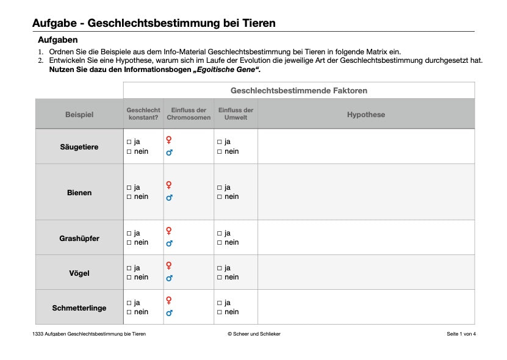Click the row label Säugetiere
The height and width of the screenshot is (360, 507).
coord(79,147)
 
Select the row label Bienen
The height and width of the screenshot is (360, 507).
coord(79,193)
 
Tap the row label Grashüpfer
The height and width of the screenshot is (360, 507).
coord(79,239)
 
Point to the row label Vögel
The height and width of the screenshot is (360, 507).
coord(79,273)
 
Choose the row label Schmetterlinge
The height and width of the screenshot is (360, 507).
coord(79,308)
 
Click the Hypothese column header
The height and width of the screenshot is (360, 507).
coord(366,115)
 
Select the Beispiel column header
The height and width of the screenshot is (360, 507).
coord(79,115)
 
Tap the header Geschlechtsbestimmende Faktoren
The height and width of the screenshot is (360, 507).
coord(299,91)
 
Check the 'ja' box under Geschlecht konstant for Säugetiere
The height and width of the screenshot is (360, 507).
coord(129,142)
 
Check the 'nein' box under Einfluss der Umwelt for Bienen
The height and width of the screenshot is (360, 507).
coord(220,197)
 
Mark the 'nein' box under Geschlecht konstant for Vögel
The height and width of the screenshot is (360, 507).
coord(129,278)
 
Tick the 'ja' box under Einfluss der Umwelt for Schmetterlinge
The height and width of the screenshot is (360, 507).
coord(220,303)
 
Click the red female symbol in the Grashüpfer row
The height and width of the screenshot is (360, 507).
coord(169,231)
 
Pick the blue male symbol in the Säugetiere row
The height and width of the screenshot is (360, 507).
coord(169,153)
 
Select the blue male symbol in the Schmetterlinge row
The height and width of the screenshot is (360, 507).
coord(169,313)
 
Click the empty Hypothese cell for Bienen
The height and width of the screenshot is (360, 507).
coord(366,192)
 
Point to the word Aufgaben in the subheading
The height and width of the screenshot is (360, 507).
coord(57,40)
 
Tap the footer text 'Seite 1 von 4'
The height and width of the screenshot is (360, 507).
coord(461,334)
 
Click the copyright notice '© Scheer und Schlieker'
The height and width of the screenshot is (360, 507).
coord(254,334)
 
